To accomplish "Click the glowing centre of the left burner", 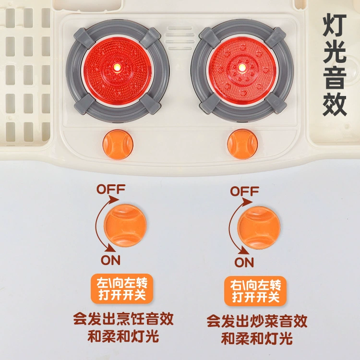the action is tap(117, 67).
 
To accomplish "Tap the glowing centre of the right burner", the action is tap(241, 68).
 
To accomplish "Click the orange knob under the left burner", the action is tap(118, 144).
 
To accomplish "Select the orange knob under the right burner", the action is tap(242, 144).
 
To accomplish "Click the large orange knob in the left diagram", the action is tap(125, 226).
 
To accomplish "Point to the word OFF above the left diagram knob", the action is tap(111, 189).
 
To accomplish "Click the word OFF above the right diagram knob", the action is tap(244, 191).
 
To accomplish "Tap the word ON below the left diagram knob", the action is tap(110, 260).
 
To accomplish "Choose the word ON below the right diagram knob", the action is tap(244, 262).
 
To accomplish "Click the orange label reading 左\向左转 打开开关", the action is tap(122, 288).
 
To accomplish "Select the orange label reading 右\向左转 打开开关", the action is tap(255, 291).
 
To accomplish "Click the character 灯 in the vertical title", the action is tap(334, 25).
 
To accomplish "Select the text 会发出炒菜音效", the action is tap(257, 321).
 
